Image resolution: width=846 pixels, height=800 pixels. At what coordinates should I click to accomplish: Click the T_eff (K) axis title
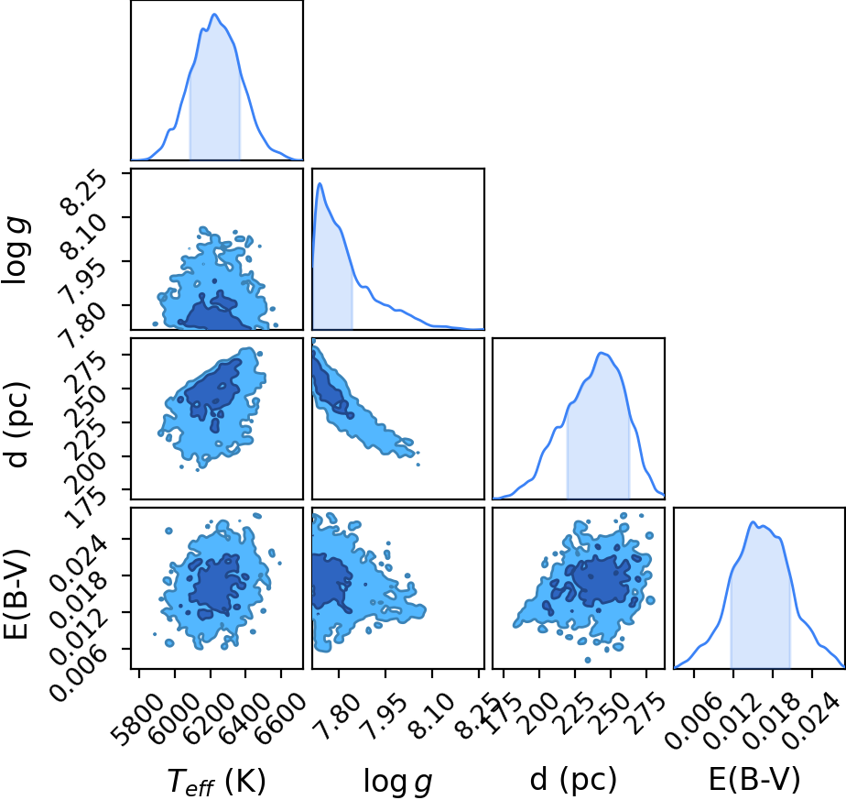tap(217, 781)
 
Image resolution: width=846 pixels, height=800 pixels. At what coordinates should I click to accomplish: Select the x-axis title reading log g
tap(398, 781)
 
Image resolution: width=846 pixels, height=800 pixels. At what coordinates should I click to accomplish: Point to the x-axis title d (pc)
tap(573, 780)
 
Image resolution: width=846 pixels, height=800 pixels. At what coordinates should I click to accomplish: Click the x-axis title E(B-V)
tap(754, 780)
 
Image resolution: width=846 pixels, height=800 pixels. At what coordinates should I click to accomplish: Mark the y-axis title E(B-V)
tap(16, 594)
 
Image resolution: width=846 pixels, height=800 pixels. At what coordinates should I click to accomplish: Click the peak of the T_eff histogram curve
tap(214, 14)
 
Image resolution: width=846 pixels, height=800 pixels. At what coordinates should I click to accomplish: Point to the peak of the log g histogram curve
tap(320, 183)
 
